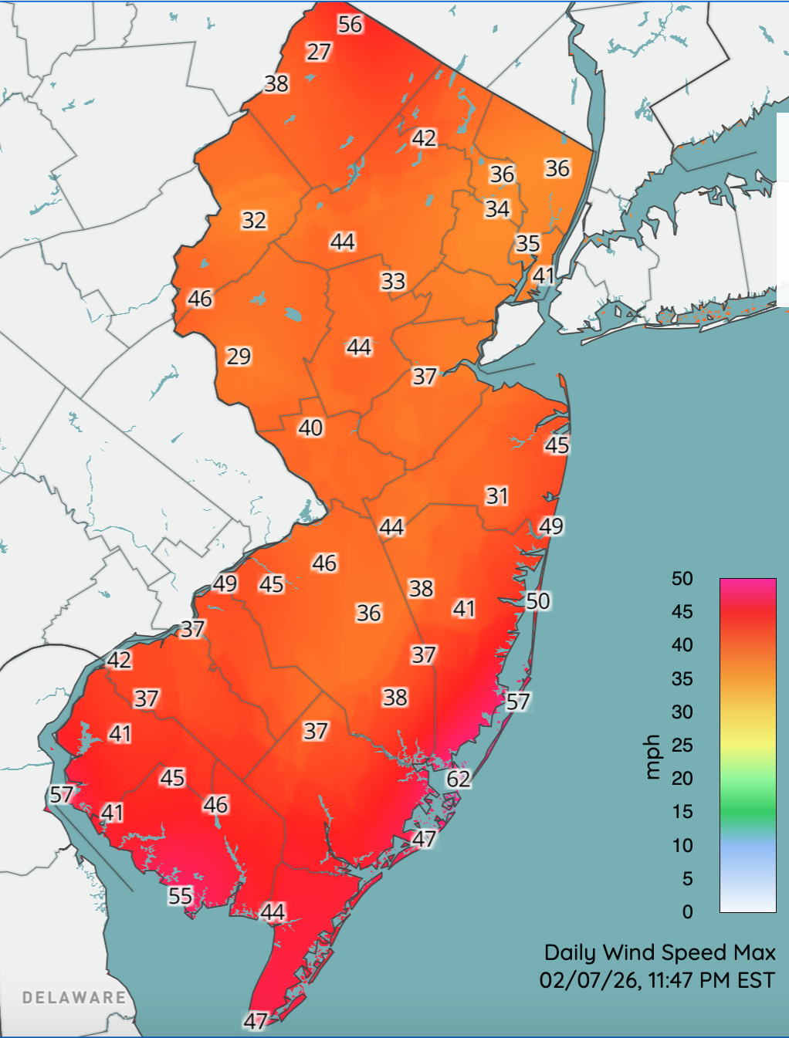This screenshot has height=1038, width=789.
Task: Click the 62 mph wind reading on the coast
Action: (x=459, y=779)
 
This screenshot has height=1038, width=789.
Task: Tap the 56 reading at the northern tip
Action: (x=350, y=25)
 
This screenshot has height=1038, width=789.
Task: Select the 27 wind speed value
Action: (x=319, y=52)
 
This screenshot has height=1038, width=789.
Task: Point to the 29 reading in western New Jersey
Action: (x=239, y=356)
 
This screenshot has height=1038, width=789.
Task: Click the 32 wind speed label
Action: (x=254, y=221)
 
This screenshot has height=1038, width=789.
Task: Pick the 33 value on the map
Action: (x=393, y=281)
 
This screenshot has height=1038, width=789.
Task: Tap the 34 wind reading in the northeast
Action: (x=497, y=209)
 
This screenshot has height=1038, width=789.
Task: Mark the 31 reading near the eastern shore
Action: (x=497, y=496)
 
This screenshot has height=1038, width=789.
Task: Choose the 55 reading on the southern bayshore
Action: (x=181, y=896)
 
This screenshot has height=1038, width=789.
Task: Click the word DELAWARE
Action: (x=74, y=997)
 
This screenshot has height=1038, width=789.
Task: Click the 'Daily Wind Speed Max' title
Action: (x=659, y=952)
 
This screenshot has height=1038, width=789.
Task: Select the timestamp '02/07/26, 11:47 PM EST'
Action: (x=657, y=980)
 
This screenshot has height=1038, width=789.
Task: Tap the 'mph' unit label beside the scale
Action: (x=653, y=757)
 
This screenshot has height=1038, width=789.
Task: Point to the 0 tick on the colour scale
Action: (x=687, y=912)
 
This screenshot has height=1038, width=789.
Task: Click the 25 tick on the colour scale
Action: (x=682, y=746)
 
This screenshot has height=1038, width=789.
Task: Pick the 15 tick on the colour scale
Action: (x=682, y=812)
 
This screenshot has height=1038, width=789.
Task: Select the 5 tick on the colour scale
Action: (x=687, y=878)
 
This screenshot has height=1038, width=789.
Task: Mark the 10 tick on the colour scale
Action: (x=682, y=845)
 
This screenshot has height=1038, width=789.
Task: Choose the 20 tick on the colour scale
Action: (x=682, y=779)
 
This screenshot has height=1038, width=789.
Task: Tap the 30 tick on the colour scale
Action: (x=682, y=712)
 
